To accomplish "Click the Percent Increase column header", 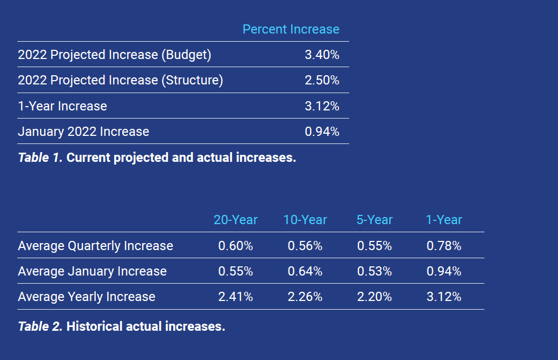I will pos(291,29).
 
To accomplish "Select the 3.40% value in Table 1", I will pos(322,55).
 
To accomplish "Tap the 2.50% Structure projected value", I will pos(322,80).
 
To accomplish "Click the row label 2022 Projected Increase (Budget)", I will pos(114,55).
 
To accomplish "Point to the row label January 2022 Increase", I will pos(83,132).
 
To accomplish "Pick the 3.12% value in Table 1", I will pos(322,106).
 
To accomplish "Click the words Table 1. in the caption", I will pos(41,158).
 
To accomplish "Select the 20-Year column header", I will pos(235,220).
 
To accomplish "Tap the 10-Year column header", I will pos(305,220).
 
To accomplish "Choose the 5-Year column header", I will pos(375,220).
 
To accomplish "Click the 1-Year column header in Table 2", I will pos(444,220).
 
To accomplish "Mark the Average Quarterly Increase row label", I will pos(95,246).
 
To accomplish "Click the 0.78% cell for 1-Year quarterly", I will pos(444,246).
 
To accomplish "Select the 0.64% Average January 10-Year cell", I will pos(305,271).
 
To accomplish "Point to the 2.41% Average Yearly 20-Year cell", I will pos(235,297).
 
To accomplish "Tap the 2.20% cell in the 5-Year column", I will pos(375,297).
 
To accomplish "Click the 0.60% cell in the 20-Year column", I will pos(235,246).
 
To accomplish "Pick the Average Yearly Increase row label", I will pos(87,297).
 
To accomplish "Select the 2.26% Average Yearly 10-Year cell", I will pos(305,297).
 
